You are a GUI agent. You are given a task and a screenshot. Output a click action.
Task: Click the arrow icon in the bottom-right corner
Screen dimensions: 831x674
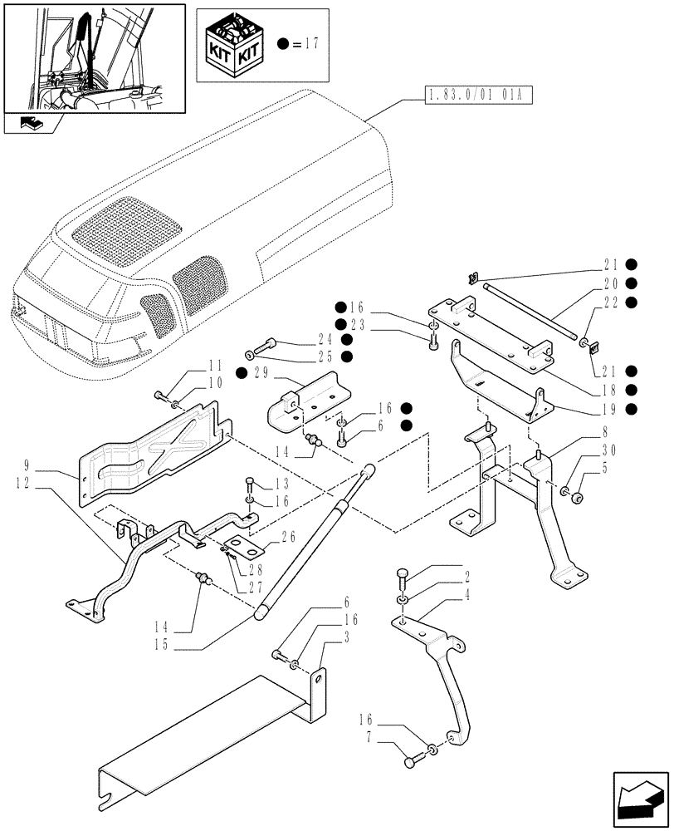640,798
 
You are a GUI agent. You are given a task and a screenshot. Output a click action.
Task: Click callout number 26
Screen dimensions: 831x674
286,536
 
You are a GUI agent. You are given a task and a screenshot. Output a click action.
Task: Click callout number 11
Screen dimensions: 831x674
193,365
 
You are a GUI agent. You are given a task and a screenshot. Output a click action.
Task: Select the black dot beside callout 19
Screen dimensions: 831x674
631,408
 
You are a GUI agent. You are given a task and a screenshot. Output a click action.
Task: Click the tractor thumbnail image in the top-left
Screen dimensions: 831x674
93,58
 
